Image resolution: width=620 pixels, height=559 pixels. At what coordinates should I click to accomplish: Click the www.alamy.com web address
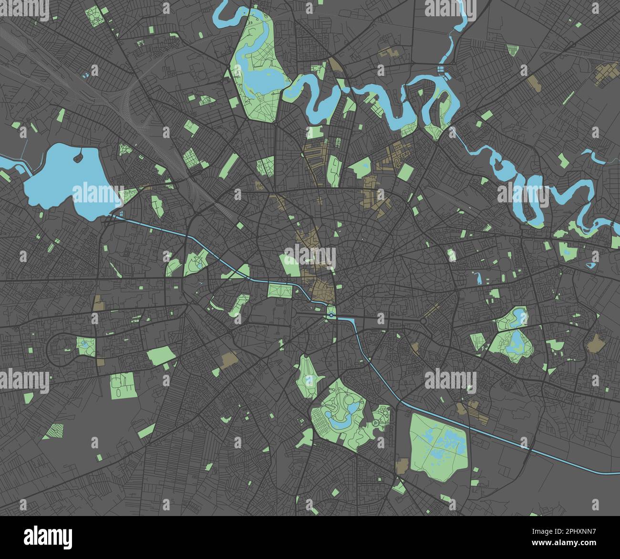(562, 542)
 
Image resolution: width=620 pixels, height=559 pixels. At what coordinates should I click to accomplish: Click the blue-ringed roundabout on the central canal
(331, 315)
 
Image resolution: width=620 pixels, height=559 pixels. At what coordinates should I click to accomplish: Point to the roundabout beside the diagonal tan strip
(423, 321)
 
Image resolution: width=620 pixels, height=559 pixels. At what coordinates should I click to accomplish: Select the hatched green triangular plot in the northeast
(512, 50)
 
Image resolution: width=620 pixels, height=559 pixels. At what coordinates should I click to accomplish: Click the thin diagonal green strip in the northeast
(568, 97)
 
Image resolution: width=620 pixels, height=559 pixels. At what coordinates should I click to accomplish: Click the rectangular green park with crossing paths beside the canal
(277, 290)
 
